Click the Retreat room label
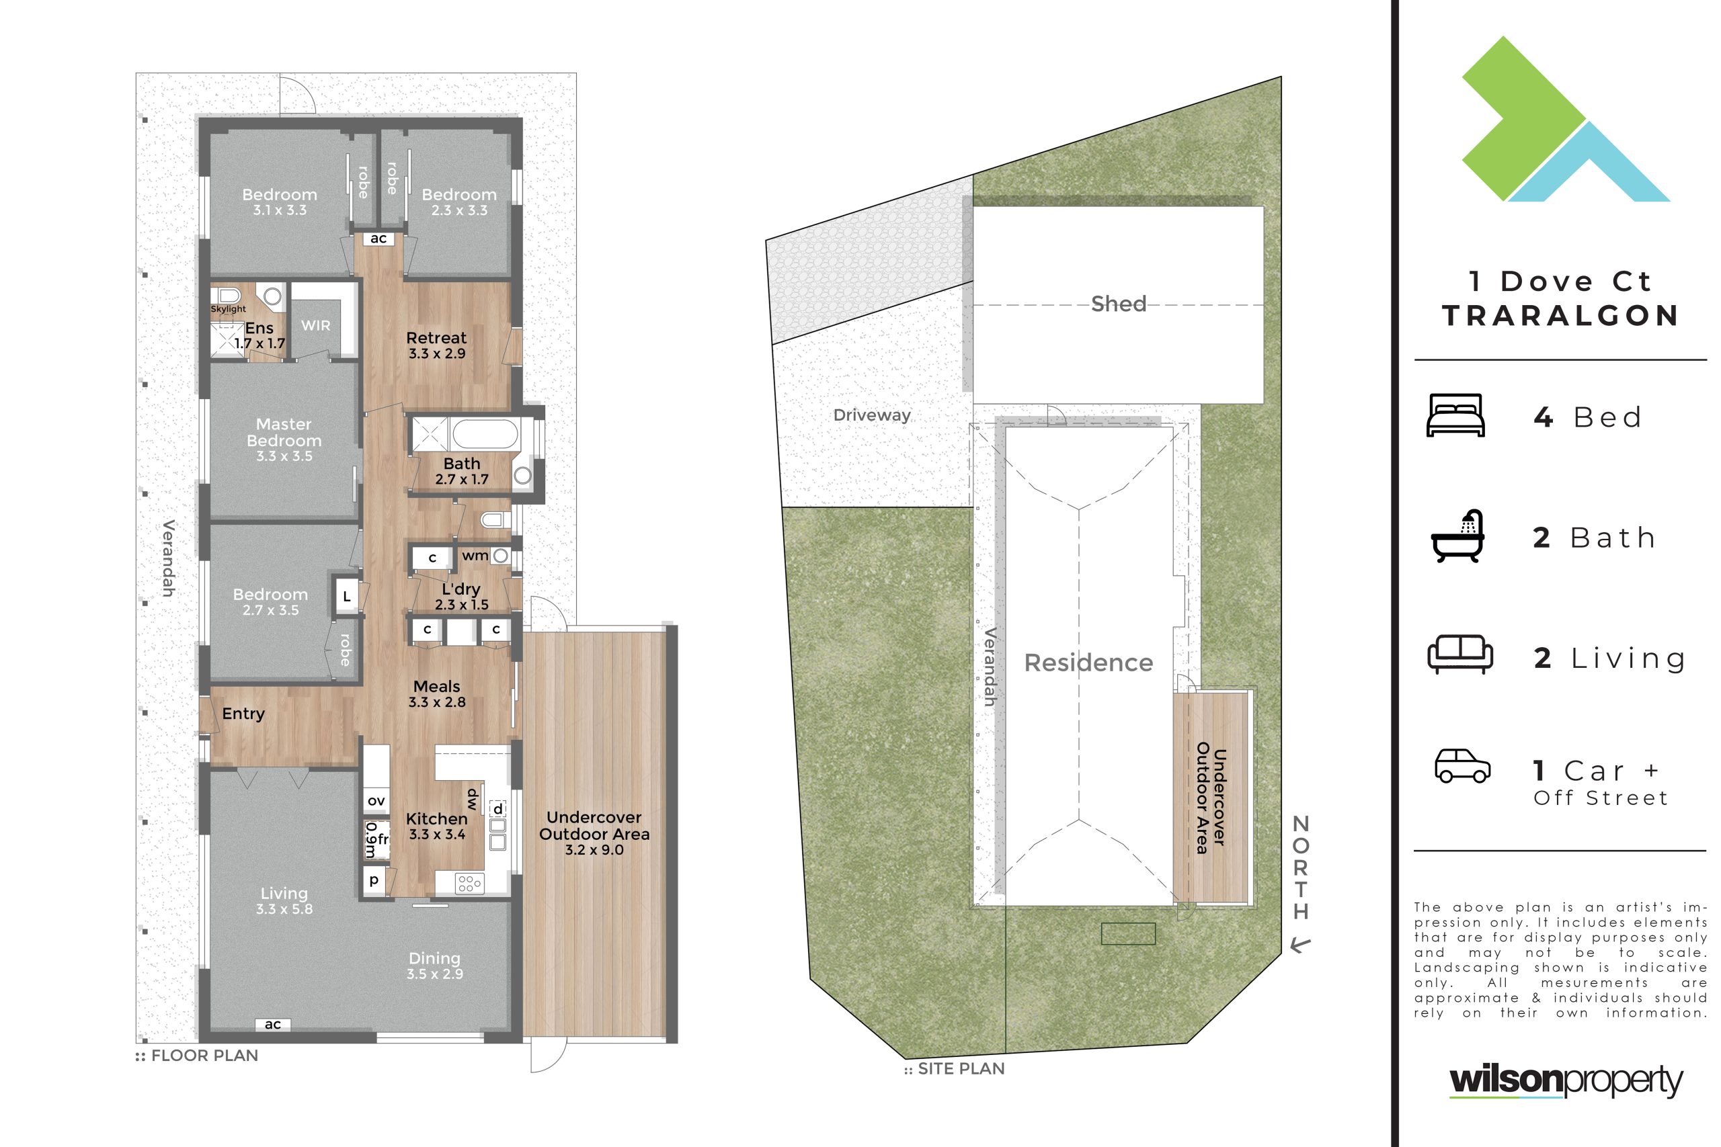coord(436,338)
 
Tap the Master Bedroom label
coord(284,432)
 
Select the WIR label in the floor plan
coord(315,325)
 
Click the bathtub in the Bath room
coord(485,435)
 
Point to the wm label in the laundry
coord(475,556)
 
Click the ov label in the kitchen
coord(376,801)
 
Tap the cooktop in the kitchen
coord(469,883)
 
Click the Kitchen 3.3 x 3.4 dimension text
coord(437,835)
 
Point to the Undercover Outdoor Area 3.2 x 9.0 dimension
coord(594,850)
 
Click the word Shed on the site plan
coord(1118,304)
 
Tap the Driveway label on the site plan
coord(872,415)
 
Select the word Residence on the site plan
coord(1089,663)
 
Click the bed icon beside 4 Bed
coord(1455,415)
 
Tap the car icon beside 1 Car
coord(1463,766)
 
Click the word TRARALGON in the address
coord(1560,316)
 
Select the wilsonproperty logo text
coord(1566,1080)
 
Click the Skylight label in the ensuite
coord(229,308)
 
